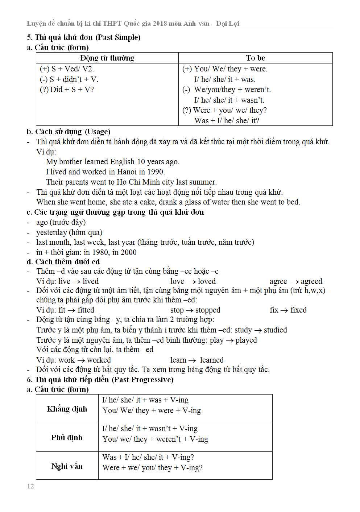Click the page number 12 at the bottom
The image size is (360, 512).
[x=30, y=486]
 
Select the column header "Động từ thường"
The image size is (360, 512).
[x=107, y=58]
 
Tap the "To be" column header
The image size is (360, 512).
[x=255, y=58]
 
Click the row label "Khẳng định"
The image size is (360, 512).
[x=67, y=409]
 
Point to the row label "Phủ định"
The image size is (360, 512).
[x=67, y=438]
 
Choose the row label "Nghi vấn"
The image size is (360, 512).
[x=67, y=466]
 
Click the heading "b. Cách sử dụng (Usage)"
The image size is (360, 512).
[x=69, y=132]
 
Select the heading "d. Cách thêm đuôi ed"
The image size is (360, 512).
[x=63, y=262]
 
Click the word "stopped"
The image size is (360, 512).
[x=208, y=310]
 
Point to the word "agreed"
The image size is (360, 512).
[x=311, y=281]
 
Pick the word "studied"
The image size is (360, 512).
[x=275, y=330]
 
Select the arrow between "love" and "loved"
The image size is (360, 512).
[x=192, y=282]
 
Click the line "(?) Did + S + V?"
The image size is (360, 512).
[x=67, y=90]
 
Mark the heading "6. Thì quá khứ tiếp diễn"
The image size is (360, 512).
[x=100, y=380]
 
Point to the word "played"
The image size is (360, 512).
[x=246, y=340]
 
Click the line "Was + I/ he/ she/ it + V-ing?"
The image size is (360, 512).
[x=148, y=457]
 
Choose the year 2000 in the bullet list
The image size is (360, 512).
[x=128, y=252]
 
